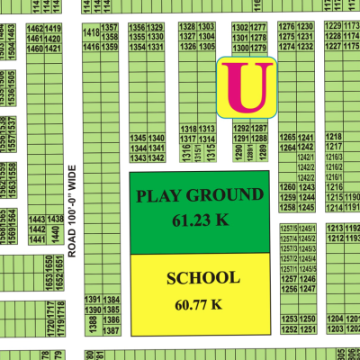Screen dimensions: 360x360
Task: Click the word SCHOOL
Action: pyautogui.click(x=202, y=278)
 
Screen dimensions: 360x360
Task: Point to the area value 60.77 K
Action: pyautogui.click(x=198, y=304)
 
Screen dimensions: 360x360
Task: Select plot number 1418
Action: pyautogui.click(x=90, y=33)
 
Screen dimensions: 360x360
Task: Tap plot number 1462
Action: pyautogui.click(x=36, y=29)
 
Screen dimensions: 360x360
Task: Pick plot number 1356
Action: pyautogui.click(x=137, y=29)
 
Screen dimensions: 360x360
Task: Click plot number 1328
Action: pyautogui.click(x=187, y=29)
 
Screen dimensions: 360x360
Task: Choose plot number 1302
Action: pyautogui.click(x=240, y=29)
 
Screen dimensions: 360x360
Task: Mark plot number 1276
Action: pyautogui.click(x=288, y=29)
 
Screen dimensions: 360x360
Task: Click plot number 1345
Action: pyautogui.click(x=138, y=138)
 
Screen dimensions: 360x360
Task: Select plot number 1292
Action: pyautogui.click(x=240, y=129)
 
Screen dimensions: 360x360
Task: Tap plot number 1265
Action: pyautogui.click(x=288, y=138)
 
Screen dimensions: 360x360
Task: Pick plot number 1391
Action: pyautogui.click(x=92, y=300)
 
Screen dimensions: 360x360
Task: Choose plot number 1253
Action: pyautogui.click(x=288, y=319)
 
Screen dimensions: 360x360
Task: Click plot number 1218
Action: pyautogui.click(x=334, y=138)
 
